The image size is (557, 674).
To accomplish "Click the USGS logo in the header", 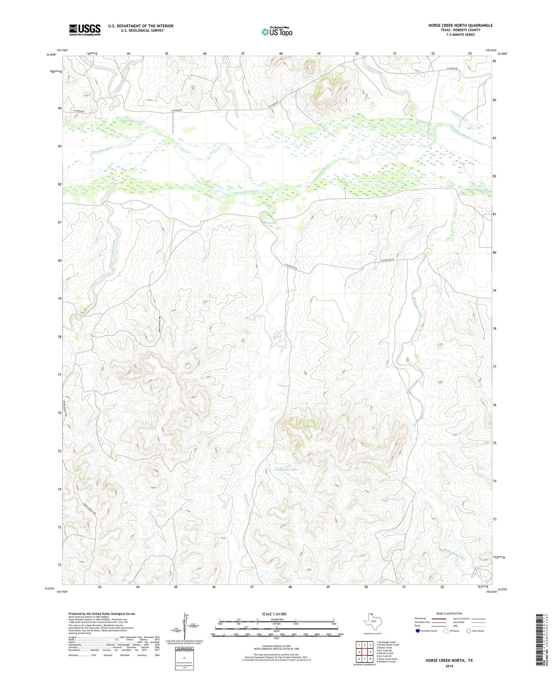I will click(85, 30).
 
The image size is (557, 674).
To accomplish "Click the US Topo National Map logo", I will click(277, 32).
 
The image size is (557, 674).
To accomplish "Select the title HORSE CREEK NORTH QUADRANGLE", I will click(460, 25).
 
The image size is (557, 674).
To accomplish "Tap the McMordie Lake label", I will click(286, 470).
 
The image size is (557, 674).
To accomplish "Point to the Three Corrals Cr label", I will click(246, 192).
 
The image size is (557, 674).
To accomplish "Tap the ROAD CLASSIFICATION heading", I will click(449, 613).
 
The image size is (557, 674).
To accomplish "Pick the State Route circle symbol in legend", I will click(469, 631).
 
